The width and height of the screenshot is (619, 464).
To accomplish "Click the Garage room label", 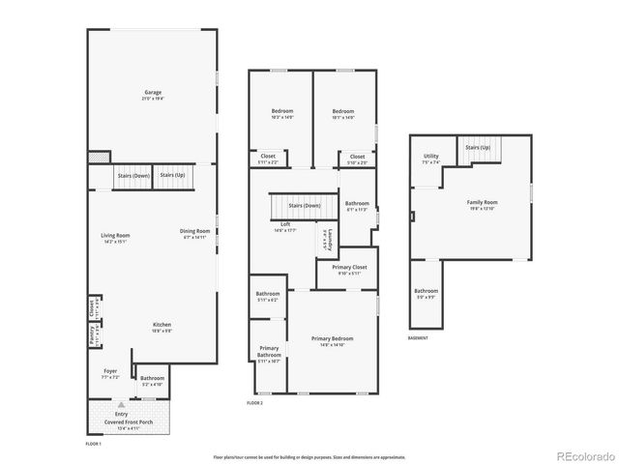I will tap(153, 94).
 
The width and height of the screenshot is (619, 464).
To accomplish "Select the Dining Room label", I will tap(194, 230).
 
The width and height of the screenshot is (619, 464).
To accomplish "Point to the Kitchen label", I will tap(162, 324).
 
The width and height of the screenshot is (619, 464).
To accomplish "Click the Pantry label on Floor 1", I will tap(92, 335).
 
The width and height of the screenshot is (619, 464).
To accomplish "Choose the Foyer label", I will tap(110, 370).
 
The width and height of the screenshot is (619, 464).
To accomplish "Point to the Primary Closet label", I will tap(349, 268).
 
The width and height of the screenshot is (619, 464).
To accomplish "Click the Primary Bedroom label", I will tap(332, 338).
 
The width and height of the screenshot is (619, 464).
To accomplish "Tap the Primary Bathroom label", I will tap(269, 351).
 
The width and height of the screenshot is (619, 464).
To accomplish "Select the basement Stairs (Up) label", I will tap(478, 147).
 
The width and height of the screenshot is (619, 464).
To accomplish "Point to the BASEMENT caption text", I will tap(418, 338).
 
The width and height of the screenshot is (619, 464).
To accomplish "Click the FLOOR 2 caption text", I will tap(254, 402).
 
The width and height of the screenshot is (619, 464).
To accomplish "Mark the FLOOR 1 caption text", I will tap(93, 442).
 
